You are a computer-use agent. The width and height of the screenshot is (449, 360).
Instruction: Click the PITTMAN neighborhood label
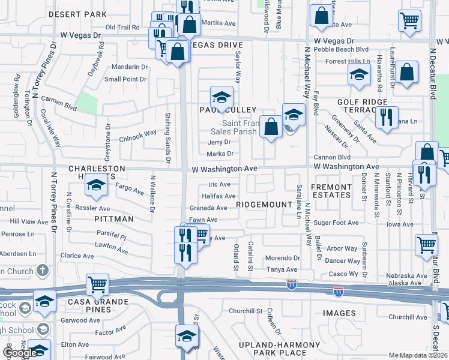coord(114,219)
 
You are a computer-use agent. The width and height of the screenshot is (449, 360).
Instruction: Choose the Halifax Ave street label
coord(218,196)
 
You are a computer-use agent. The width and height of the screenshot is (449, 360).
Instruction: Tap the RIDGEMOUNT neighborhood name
coord(264,205)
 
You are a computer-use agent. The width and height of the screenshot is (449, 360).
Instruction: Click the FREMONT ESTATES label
coord(331,191)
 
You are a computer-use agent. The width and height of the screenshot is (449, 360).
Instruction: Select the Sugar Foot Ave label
coord(336,223)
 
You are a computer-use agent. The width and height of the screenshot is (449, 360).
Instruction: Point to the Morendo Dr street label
coord(282,257)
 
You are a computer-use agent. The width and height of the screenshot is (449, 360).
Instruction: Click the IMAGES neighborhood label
coord(339,313)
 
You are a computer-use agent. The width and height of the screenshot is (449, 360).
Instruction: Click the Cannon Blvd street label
coord(332,157)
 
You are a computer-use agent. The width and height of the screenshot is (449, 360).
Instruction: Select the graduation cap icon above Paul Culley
coord(221,98)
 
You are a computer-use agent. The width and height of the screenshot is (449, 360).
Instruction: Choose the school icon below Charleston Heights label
coord(95,187)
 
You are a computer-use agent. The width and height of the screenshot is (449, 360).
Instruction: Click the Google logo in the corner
coord(19,353)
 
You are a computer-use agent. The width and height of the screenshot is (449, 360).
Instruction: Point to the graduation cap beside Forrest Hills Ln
coord(360,76)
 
